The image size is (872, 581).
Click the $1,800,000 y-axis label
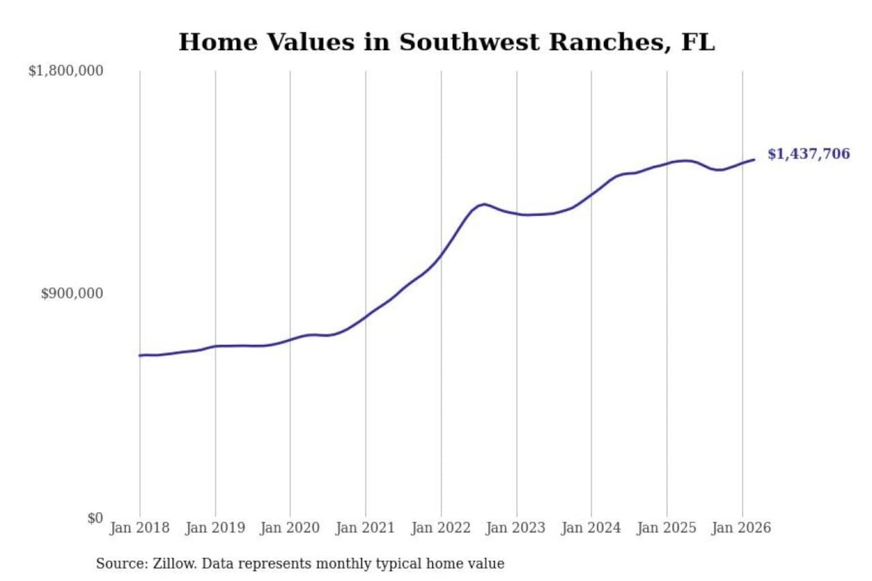pos(65,71)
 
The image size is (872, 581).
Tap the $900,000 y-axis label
pos(71,294)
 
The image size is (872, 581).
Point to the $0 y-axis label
pos(95,518)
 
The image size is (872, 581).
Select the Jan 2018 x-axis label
pos(139,528)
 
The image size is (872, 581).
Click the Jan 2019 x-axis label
pos(215,528)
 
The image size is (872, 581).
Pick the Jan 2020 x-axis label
pos(289,528)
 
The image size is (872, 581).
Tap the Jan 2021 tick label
pos(365,528)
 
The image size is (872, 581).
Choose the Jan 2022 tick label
pos(441,528)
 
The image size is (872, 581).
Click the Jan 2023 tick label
pos(515,528)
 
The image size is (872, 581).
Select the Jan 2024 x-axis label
pos(591,528)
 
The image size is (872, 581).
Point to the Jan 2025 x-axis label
pos(666,528)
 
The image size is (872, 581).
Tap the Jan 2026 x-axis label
pos(741,528)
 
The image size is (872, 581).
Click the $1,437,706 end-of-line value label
pos(808,154)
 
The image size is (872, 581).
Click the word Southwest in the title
pos(469,42)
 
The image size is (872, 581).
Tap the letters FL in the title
pos(698,42)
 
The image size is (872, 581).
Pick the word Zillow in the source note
pos(174,563)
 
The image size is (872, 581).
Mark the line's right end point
pos(754,160)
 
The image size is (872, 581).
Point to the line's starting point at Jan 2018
pos(140,355)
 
